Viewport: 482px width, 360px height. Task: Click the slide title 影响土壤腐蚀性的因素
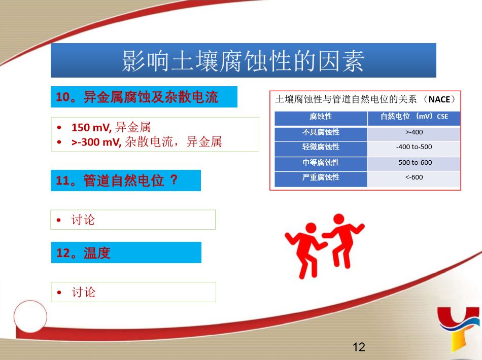point(243,61)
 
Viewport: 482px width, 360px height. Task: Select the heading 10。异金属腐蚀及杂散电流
point(137,97)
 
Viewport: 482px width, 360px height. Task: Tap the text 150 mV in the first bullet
point(91,127)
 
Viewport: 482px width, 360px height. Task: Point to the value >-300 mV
point(96,142)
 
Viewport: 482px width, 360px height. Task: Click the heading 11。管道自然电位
point(110,181)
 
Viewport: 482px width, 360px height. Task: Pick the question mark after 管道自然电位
point(174,180)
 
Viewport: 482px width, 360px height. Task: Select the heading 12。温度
point(83,253)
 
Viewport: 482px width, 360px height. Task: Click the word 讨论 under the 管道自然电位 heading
point(83,220)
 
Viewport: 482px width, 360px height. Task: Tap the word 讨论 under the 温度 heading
point(83,292)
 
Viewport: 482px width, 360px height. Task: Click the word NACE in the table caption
point(439,99)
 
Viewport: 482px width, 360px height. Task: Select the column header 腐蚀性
point(321,117)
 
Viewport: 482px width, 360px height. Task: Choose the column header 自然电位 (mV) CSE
point(414,117)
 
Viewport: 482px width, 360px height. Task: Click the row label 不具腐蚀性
point(321,132)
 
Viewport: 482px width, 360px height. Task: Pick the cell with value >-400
point(414,132)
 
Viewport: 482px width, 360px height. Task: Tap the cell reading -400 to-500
point(414,147)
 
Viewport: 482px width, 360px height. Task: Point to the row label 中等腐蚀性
point(321,162)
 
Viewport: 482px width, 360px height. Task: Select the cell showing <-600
point(414,177)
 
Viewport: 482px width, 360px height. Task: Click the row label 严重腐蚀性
point(321,177)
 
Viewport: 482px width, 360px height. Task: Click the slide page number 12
point(359,347)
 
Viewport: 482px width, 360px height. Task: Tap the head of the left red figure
point(311,228)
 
